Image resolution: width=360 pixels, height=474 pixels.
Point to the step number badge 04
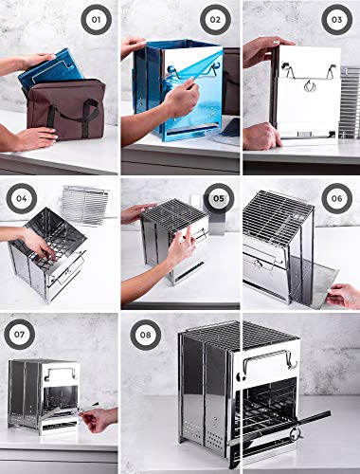coord(20,201)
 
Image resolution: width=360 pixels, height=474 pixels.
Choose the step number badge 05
coord(218,201)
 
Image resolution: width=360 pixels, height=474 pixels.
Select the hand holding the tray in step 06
coord(344,295)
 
